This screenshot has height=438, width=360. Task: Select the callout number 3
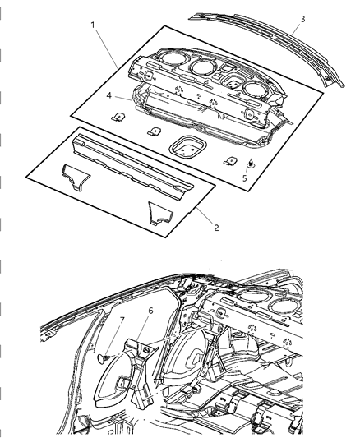click(303, 19)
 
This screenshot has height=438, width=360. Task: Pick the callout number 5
click(242, 178)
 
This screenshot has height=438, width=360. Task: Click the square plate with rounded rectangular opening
click(187, 148)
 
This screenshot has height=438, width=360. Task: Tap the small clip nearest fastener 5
click(228, 161)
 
